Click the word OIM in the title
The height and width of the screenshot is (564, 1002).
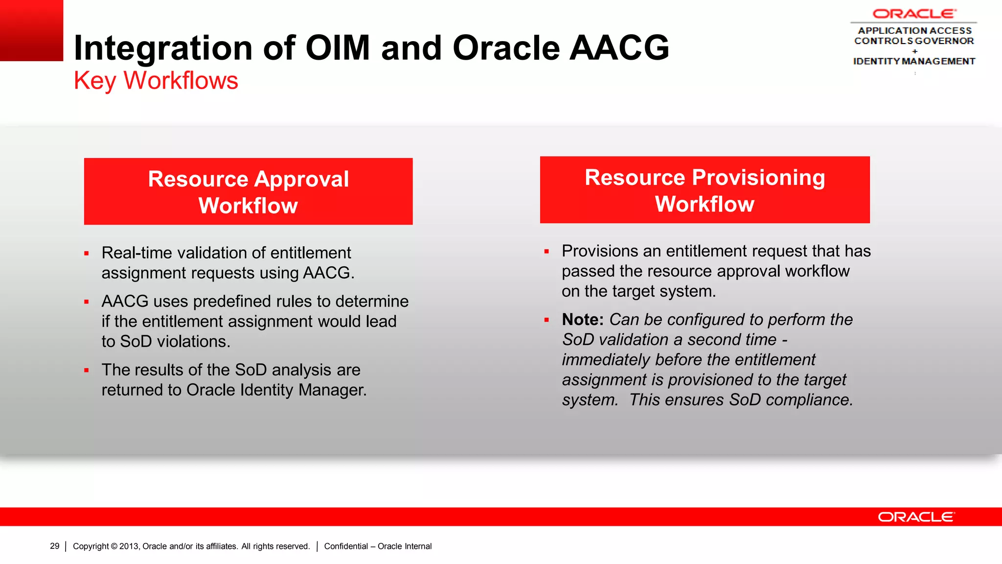click(x=337, y=48)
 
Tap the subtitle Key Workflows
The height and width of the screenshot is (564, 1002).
click(x=156, y=81)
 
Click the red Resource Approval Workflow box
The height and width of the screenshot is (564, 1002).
click(x=248, y=191)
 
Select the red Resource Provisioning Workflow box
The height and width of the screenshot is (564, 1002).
click(x=705, y=190)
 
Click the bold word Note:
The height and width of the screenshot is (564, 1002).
click(x=582, y=320)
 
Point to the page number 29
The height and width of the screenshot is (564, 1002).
click(x=55, y=546)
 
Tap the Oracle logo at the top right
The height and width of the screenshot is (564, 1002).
click(x=914, y=14)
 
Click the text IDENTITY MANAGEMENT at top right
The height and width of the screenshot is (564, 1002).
click(x=914, y=61)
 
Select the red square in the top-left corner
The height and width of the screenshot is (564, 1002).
click(x=31, y=30)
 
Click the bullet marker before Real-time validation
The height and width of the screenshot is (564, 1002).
click(x=87, y=254)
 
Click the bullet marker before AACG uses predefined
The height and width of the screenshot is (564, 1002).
click(x=87, y=302)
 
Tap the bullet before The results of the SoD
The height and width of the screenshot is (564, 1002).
click(x=87, y=371)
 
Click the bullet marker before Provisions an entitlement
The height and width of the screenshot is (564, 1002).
click(x=547, y=252)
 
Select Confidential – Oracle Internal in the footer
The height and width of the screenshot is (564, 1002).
click(x=378, y=546)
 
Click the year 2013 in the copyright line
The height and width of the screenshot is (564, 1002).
click(x=129, y=546)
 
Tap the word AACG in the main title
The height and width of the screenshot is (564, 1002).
click(x=619, y=48)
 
